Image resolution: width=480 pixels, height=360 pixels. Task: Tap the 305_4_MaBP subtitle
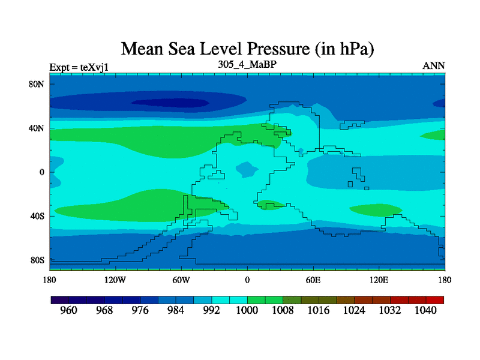247,64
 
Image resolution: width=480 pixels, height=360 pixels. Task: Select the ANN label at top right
434,65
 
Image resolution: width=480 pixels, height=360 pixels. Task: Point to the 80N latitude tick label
38,84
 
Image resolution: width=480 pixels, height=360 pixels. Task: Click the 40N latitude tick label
38,128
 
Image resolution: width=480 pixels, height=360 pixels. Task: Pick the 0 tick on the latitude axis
43,172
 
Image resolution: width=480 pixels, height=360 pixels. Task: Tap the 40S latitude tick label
38,216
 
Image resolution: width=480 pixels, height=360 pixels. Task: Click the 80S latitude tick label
38,260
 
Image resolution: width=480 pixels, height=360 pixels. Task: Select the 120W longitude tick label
115,280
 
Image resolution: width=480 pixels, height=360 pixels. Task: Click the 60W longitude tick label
181,280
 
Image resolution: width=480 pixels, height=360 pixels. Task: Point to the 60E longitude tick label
313,280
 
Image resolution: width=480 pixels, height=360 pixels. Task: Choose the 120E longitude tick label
379,280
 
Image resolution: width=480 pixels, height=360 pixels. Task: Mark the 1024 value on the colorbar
354,311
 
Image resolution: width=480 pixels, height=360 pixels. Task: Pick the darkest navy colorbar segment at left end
59,299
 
